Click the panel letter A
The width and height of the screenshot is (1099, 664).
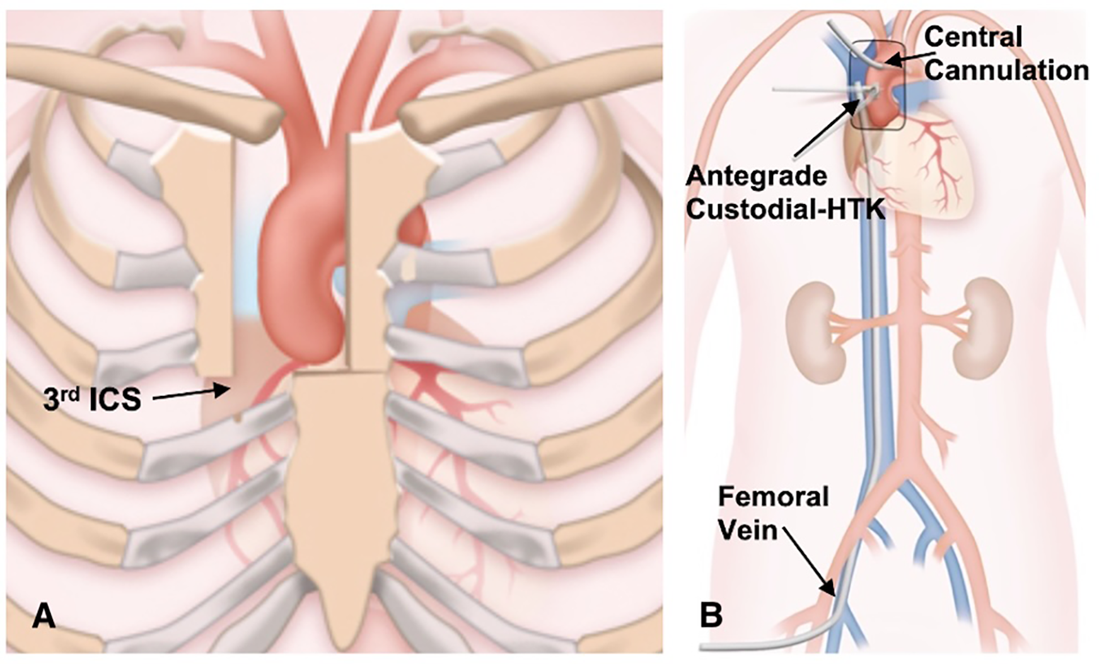coord(43,615)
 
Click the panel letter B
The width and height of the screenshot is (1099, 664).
coord(712,615)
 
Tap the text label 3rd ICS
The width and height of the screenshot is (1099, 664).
coord(91,400)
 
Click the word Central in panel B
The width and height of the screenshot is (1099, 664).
coord(973,38)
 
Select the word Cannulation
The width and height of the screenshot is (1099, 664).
coord(1006,71)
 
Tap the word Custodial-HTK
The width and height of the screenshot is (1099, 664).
coord(785,209)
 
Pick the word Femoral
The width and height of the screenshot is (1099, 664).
coord(773,497)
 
